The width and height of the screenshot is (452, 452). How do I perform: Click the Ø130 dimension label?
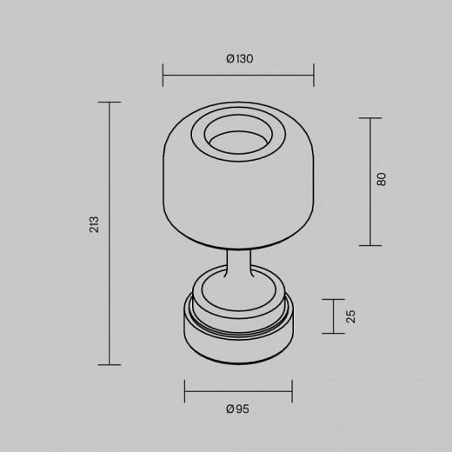[238, 59]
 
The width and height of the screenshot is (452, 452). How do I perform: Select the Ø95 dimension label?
[237, 409]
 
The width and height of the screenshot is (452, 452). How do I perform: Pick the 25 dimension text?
[351, 316]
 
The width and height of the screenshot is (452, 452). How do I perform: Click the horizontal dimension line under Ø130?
[238, 74]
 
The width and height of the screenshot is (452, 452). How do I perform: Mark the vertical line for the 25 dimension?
[334, 316]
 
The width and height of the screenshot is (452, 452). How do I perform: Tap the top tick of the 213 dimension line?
[109, 102]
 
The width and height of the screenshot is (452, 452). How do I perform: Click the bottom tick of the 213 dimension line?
[109, 364]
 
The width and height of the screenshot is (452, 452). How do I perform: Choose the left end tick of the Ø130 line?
[163, 74]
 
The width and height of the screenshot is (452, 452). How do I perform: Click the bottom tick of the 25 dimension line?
[334, 333]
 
